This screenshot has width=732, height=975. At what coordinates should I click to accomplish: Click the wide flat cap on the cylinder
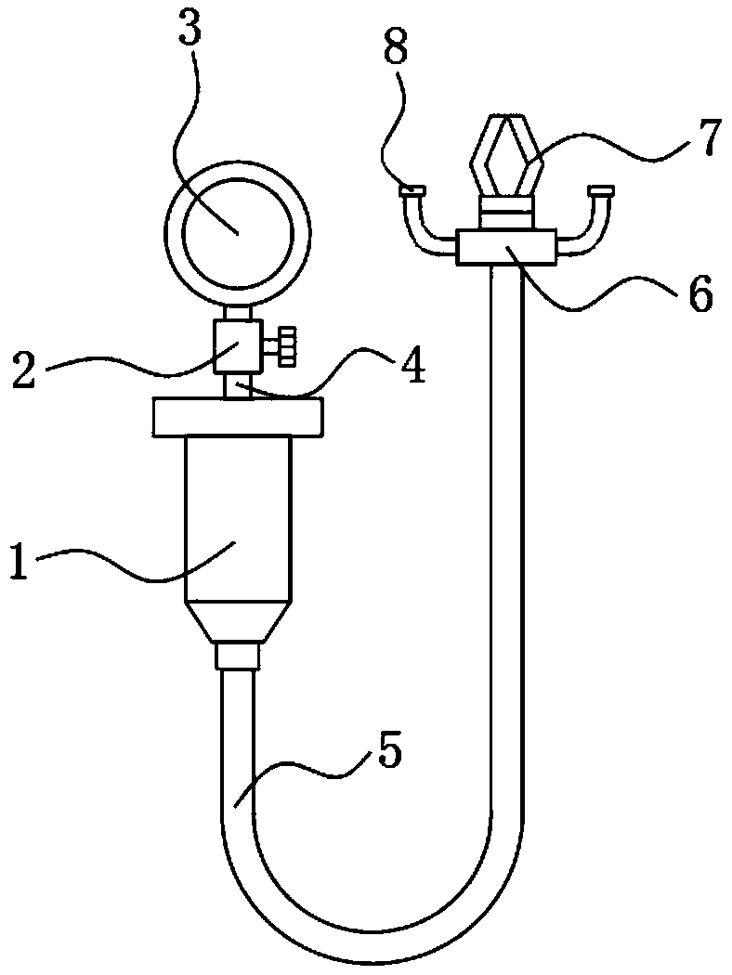tap(237, 416)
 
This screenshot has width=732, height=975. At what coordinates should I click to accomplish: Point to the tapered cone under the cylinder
tap(237, 622)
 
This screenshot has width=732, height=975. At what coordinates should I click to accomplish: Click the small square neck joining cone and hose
tap(236, 657)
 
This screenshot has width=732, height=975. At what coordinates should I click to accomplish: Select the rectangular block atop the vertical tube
tap(505, 249)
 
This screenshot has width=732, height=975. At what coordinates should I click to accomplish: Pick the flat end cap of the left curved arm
tap(412, 190)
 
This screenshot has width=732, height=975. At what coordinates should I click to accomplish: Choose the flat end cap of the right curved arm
tap(601, 190)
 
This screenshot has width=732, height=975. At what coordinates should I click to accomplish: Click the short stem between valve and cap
tap(236, 386)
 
